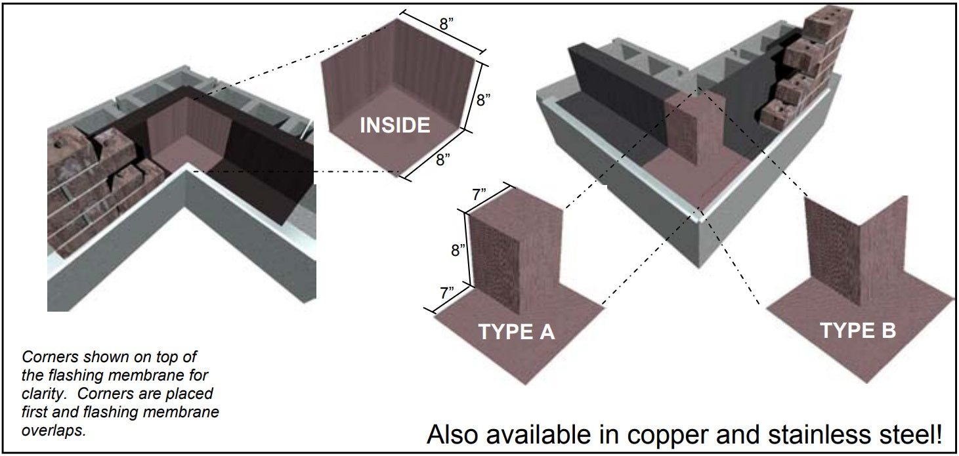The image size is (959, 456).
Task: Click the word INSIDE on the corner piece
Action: pos(394,125)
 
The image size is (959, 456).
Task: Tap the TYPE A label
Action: pos(517,331)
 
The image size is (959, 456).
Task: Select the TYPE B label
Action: pos(857,330)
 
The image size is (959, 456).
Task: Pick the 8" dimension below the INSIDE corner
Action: pos(444,160)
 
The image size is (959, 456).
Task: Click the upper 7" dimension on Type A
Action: pos(479,195)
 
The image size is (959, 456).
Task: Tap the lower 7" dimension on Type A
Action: pos(447,292)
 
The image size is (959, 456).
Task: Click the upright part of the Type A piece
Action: pos(519,256)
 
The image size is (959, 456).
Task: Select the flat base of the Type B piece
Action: pos(853,348)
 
